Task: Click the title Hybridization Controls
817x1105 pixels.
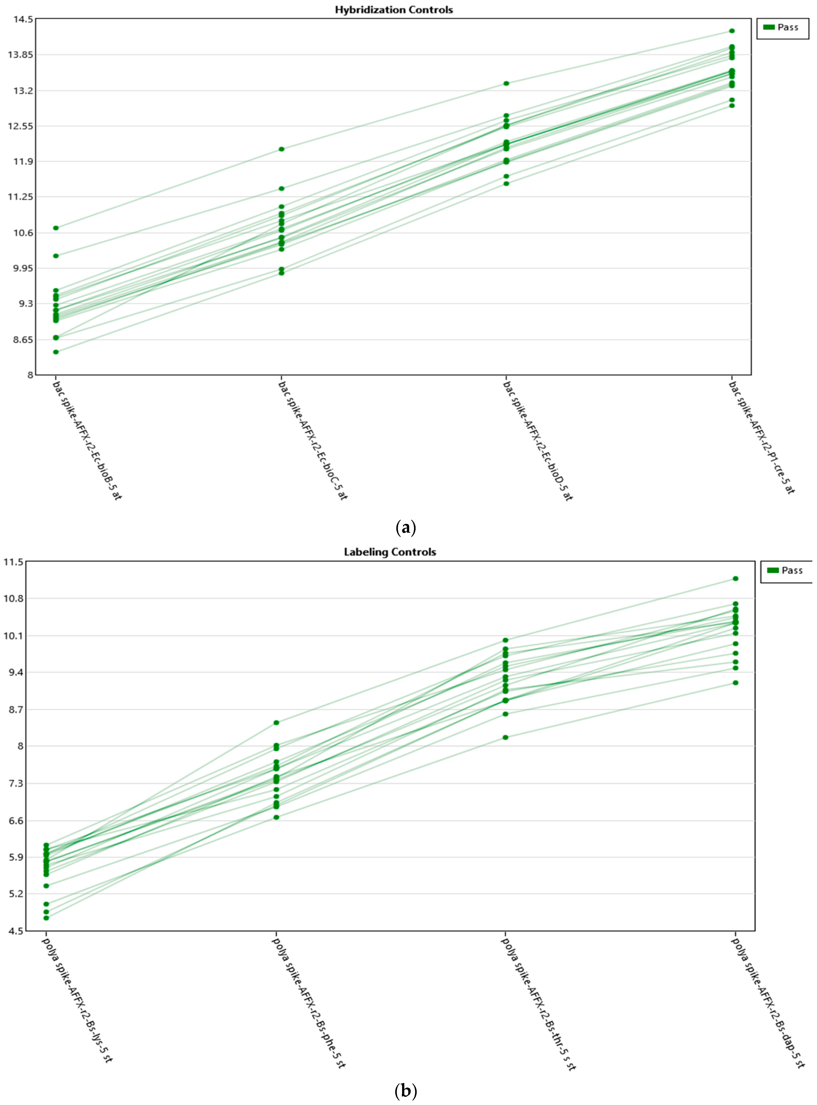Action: tap(394, 10)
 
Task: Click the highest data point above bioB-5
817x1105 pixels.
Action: tap(56, 228)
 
